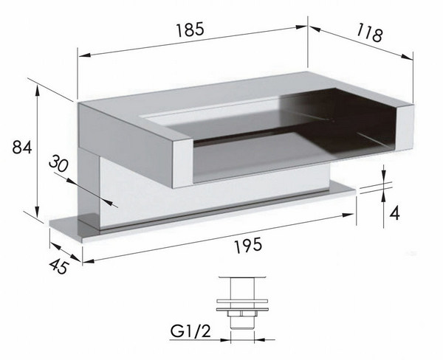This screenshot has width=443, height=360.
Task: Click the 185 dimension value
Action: pyautogui.click(x=190, y=30)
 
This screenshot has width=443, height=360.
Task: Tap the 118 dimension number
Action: pyautogui.click(x=369, y=33)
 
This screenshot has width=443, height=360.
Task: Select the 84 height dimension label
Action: pyautogui.click(x=22, y=147)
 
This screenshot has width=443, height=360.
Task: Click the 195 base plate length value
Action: pyautogui.click(x=249, y=245)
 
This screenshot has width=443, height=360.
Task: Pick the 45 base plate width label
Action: pyautogui.click(x=59, y=266)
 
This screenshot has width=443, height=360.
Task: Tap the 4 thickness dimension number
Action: pyautogui.click(x=394, y=213)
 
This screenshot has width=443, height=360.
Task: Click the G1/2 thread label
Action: pyautogui.click(x=190, y=331)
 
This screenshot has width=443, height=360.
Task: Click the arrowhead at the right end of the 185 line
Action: pyautogui.click(x=301, y=27)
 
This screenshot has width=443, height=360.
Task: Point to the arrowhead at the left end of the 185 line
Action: pyautogui.click(x=85, y=55)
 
